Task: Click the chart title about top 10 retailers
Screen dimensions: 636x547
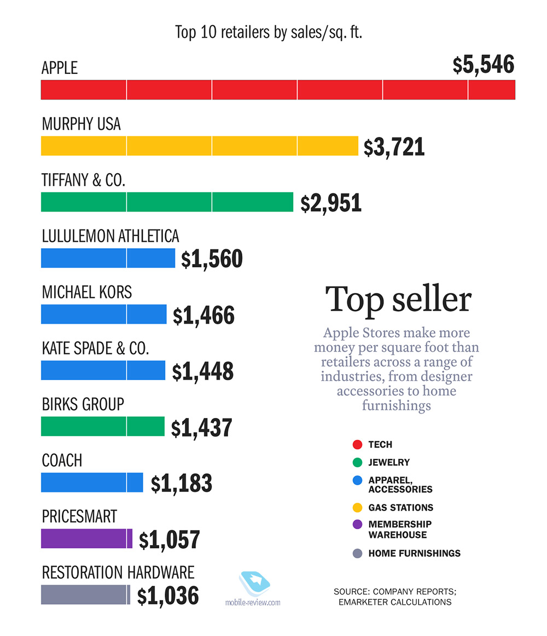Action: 269,32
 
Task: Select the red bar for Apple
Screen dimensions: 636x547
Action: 278,90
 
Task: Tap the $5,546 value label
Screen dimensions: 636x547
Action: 484,65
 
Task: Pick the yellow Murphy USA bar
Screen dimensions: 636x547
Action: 199,146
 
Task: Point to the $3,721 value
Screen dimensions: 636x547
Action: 394,147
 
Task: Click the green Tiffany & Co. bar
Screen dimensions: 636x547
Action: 167,202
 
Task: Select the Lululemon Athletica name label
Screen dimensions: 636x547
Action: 110,236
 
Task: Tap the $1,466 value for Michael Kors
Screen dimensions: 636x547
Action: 203,316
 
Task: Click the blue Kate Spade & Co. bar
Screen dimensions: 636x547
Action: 103,370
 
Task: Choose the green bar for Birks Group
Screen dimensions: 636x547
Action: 102,426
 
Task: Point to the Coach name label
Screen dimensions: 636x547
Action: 62,460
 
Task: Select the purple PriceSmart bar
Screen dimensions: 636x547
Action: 86,538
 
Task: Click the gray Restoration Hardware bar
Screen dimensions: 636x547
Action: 85,594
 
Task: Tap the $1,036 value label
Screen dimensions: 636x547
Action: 168,596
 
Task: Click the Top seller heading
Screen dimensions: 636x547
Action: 398,300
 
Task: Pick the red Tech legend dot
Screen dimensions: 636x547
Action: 358,444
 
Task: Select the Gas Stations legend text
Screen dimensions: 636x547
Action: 400,507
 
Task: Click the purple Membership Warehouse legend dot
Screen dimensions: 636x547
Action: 358,524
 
